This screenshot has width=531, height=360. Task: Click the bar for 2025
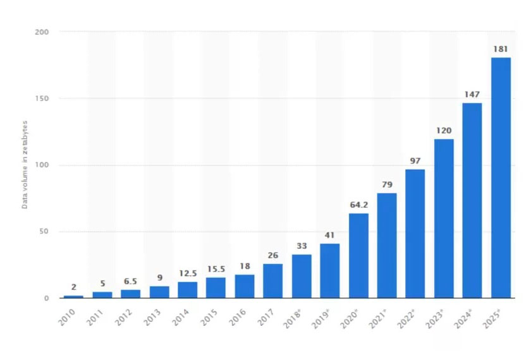(x=501, y=177)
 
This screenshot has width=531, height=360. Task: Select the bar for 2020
(x=358, y=256)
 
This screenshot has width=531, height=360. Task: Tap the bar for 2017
(x=273, y=281)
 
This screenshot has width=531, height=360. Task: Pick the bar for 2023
(x=444, y=219)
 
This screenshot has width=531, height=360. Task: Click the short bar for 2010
(x=74, y=296)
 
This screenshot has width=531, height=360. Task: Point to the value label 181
(x=501, y=49)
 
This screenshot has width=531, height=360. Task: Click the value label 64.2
(x=358, y=205)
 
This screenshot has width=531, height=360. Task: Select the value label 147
(x=472, y=94)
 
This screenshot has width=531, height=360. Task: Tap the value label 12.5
(x=188, y=273)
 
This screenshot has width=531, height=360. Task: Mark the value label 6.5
(x=131, y=282)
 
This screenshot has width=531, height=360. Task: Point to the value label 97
(x=415, y=161)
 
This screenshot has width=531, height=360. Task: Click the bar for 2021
(x=387, y=246)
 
